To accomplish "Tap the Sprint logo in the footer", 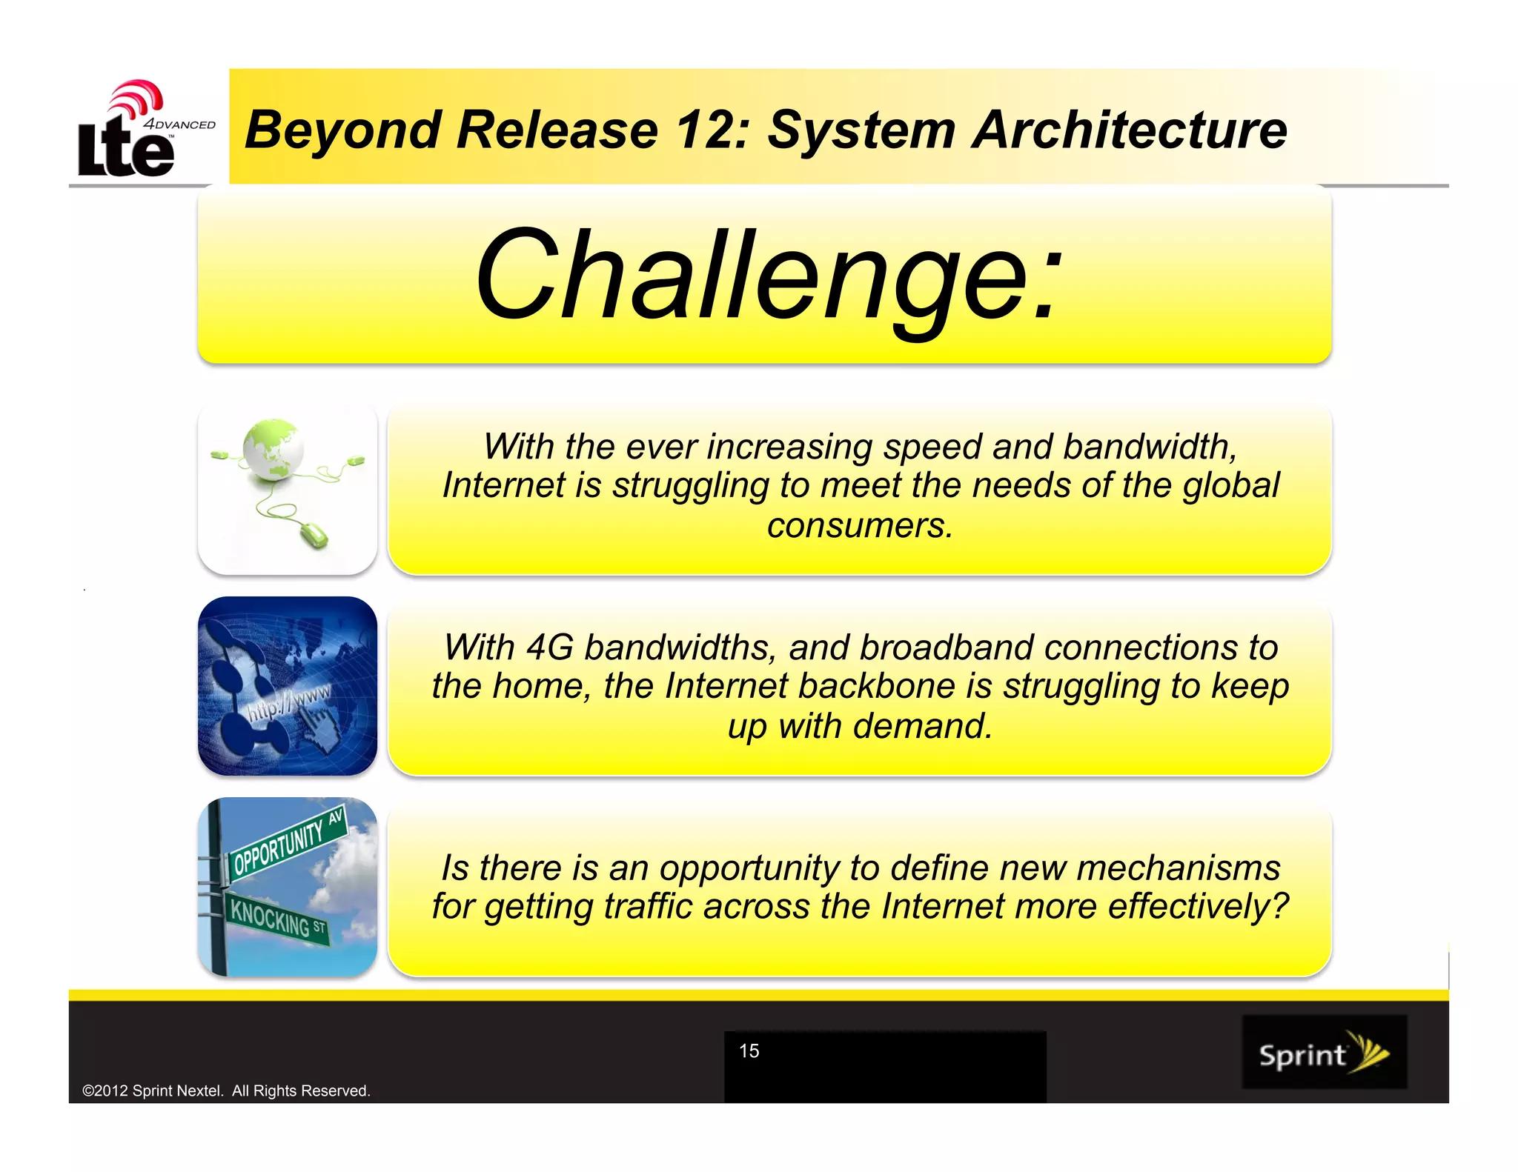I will tap(1324, 1052).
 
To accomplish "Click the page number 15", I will tap(749, 1051).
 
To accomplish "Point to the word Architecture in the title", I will tap(1130, 130).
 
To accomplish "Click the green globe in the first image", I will tap(273, 449).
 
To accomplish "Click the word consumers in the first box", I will tap(858, 526).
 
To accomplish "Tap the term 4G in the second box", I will tap(549, 647).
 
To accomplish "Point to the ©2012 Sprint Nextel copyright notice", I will tap(226, 1091).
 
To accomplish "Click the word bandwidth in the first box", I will tap(1150, 447).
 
